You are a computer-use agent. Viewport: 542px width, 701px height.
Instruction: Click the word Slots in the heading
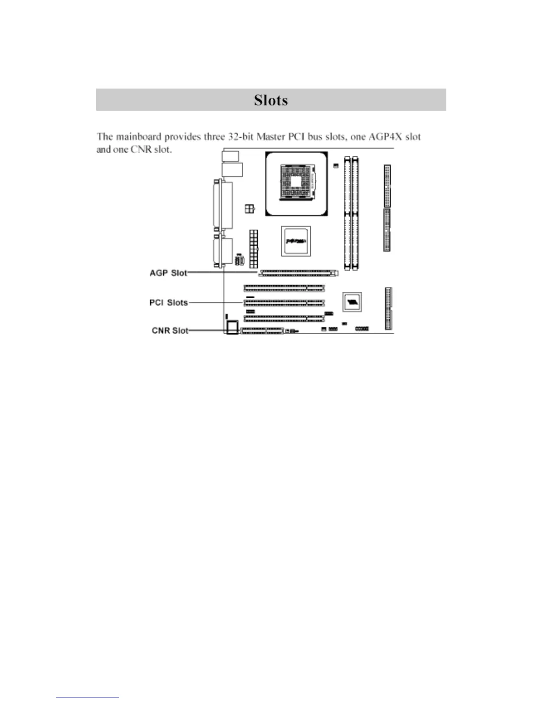pyautogui.click(x=271, y=100)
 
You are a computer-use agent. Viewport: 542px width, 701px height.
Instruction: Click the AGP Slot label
pyautogui.click(x=168, y=273)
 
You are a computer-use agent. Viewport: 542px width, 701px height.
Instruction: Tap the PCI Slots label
pyautogui.click(x=168, y=303)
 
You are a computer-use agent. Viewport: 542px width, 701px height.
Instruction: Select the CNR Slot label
pyautogui.click(x=170, y=331)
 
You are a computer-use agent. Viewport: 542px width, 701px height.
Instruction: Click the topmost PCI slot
pyautogui.click(x=284, y=288)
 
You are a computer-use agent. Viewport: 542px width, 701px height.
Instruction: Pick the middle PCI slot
pyautogui.click(x=284, y=303)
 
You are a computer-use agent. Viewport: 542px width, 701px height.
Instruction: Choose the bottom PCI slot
pyautogui.click(x=284, y=318)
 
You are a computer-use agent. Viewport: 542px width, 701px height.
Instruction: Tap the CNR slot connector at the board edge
pyautogui.click(x=262, y=331)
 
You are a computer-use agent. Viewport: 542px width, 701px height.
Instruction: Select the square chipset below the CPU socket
pyautogui.click(x=296, y=241)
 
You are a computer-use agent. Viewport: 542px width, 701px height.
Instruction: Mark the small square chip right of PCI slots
pyautogui.click(x=352, y=302)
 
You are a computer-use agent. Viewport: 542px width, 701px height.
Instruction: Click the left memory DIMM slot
pyautogui.click(x=348, y=213)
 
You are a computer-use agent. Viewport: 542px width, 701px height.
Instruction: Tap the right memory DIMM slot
pyautogui.click(x=356, y=213)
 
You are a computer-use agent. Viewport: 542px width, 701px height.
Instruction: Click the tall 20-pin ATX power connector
pyautogui.click(x=254, y=248)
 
